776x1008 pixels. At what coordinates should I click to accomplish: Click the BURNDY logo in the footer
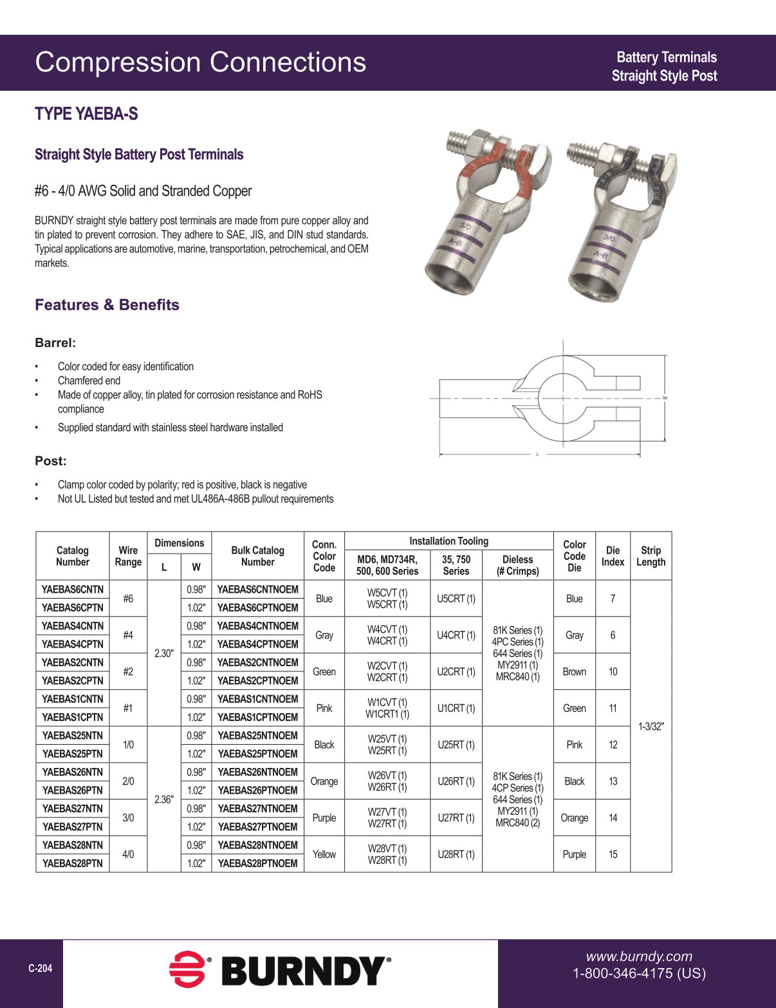(x=280, y=971)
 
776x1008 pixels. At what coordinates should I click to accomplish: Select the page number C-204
(x=41, y=968)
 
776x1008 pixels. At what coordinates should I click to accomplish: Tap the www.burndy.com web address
(x=638, y=957)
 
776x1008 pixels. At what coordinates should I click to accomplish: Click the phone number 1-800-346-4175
(x=639, y=973)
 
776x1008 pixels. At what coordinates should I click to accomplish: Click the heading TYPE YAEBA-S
(x=86, y=114)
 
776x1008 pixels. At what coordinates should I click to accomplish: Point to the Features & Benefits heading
(x=107, y=305)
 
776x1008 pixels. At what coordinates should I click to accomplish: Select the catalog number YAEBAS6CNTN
(x=73, y=589)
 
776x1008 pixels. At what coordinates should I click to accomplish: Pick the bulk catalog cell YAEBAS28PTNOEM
(x=257, y=863)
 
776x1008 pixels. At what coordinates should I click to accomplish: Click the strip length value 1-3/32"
(x=651, y=726)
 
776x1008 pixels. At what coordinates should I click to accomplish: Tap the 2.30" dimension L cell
(x=163, y=653)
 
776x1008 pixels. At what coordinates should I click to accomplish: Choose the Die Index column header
(x=613, y=556)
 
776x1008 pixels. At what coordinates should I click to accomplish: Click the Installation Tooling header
(x=448, y=541)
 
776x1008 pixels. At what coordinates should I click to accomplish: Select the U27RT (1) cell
(x=456, y=817)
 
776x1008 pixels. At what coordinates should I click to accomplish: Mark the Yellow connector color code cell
(x=324, y=854)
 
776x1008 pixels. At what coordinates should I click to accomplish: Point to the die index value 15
(x=613, y=854)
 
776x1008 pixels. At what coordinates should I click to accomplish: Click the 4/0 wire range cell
(x=128, y=854)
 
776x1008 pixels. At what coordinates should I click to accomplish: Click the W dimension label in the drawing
(x=665, y=398)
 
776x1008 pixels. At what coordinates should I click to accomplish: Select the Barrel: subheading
(x=55, y=343)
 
